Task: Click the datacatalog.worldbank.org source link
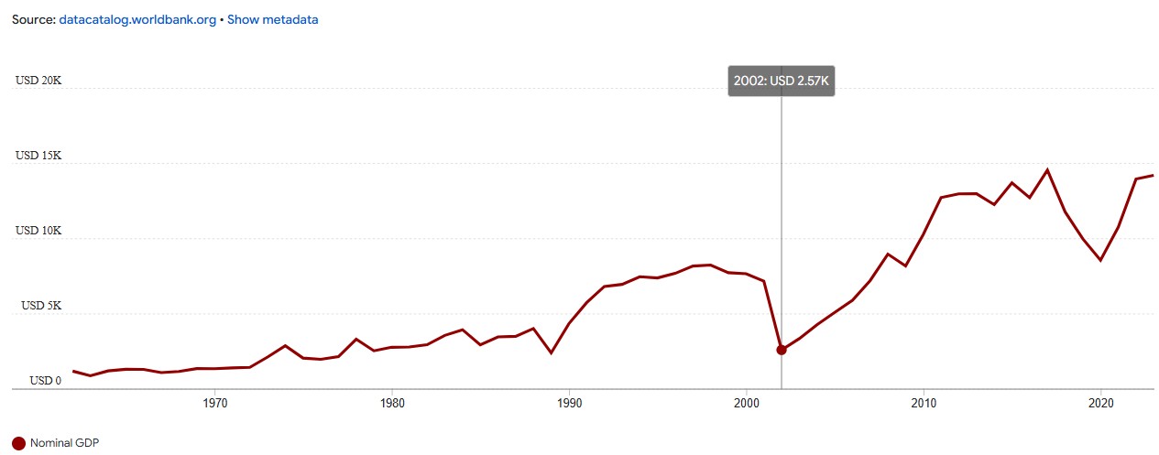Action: pyautogui.click(x=137, y=19)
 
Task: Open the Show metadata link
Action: pyautogui.click(x=272, y=19)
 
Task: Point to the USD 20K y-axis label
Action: pyautogui.click(x=38, y=81)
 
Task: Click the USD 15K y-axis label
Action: pyautogui.click(x=38, y=156)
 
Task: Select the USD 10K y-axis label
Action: pyautogui.click(x=38, y=231)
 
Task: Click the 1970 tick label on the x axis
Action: pyautogui.click(x=214, y=403)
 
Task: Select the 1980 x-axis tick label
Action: pyautogui.click(x=392, y=403)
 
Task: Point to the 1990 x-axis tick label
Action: pyautogui.click(x=570, y=403)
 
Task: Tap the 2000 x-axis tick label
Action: pyautogui.click(x=747, y=403)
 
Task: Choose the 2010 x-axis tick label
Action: pyautogui.click(x=924, y=403)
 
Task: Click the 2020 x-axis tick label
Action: pyautogui.click(x=1101, y=403)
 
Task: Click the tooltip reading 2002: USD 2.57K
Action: pyautogui.click(x=782, y=81)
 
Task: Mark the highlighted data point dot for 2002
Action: pyautogui.click(x=782, y=350)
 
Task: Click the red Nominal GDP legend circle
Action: pyautogui.click(x=18, y=443)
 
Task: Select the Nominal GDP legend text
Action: pyautogui.click(x=64, y=443)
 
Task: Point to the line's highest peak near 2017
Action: pyautogui.click(x=1047, y=169)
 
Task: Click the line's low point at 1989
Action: pyautogui.click(x=551, y=352)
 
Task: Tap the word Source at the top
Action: pyautogui.click(x=32, y=19)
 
